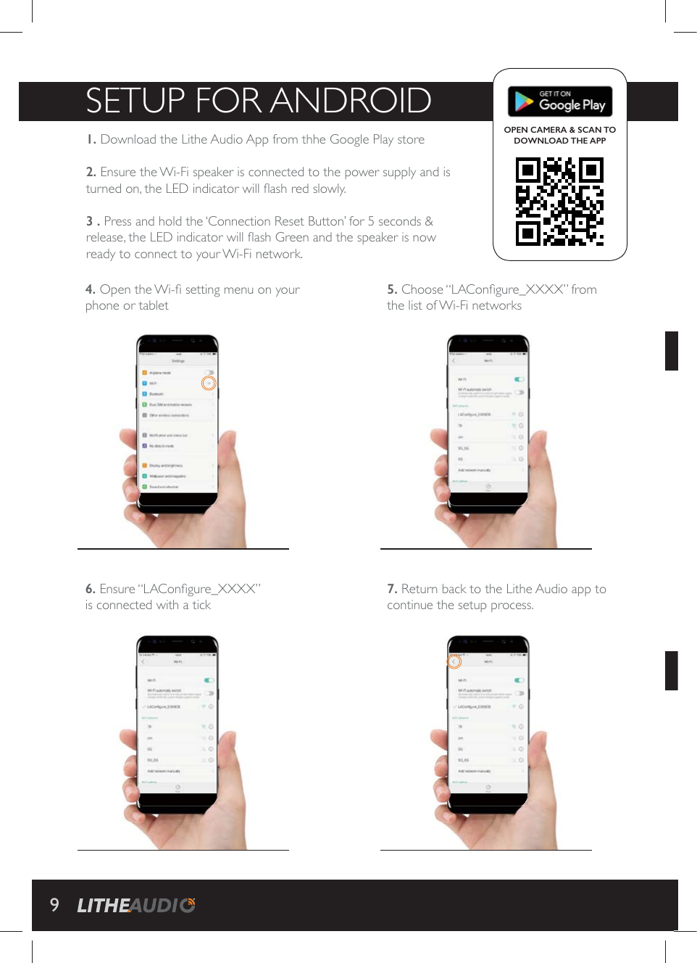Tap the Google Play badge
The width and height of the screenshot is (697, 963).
point(560,102)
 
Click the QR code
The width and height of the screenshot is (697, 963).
point(559,202)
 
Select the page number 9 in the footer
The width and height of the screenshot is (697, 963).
point(54,904)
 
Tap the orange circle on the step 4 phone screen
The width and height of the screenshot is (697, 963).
point(209,383)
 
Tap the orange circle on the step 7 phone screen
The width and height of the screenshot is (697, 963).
point(454,661)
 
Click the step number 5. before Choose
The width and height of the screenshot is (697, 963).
point(392,289)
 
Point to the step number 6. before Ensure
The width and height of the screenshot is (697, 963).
point(91,589)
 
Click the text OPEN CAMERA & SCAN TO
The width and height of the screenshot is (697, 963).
point(559,130)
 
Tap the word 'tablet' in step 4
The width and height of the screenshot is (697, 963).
point(154,306)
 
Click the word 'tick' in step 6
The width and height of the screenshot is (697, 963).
point(201,606)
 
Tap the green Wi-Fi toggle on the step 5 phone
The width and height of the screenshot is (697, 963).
point(519,379)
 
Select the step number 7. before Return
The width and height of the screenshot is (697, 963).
point(392,589)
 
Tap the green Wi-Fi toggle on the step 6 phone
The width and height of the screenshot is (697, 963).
point(209,680)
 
